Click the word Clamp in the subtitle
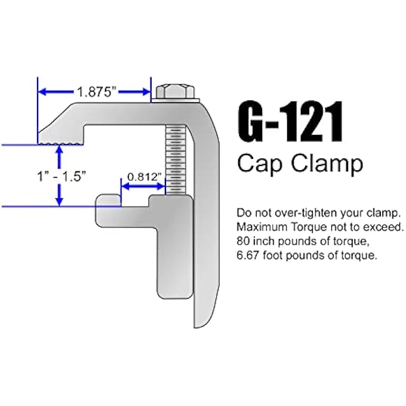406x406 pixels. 323,162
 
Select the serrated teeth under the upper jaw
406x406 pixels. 60,143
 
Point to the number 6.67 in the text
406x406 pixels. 248,256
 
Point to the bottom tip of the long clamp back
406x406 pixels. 198,325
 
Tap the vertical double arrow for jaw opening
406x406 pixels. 59,176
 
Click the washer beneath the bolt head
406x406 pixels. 176,100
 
